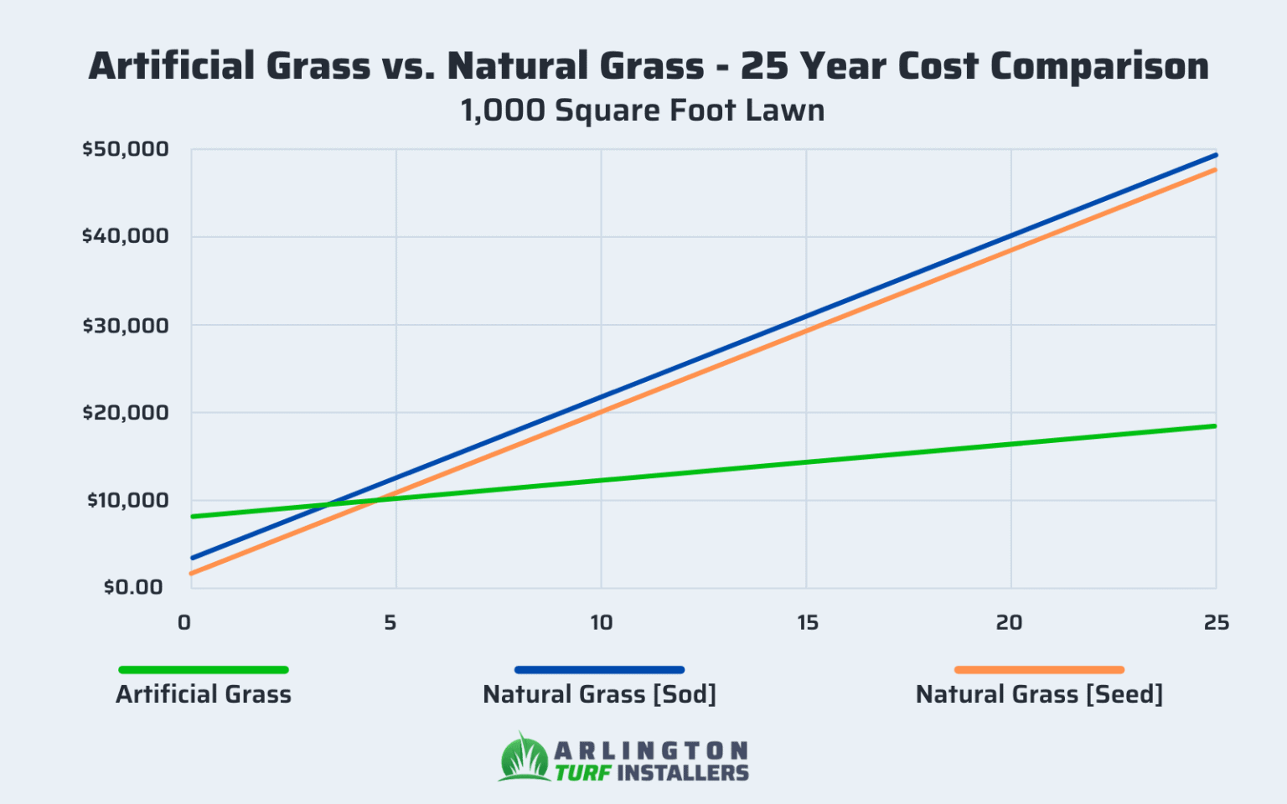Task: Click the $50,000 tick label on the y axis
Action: point(126,150)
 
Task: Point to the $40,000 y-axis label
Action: point(126,236)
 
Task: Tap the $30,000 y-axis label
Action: point(126,325)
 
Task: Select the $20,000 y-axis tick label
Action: point(126,412)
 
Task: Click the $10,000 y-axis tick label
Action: point(127,500)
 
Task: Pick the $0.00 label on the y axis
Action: point(133,587)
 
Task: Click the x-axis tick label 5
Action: point(390,623)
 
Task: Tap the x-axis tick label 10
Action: point(601,623)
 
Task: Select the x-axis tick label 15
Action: point(807,623)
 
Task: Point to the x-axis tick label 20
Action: point(1010,623)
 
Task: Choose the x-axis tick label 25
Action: point(1216,623)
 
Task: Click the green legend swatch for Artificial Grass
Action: point(204,670)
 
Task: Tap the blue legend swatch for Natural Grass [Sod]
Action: point(599,670)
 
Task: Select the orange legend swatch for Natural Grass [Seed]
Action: point(1039,670)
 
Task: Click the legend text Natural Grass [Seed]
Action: point(1039,694)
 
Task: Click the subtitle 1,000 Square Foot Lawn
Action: point(643,111)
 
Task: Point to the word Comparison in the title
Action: point(1099,66)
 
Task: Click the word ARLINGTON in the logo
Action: point(651,750)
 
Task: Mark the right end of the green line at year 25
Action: point(1214,426)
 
